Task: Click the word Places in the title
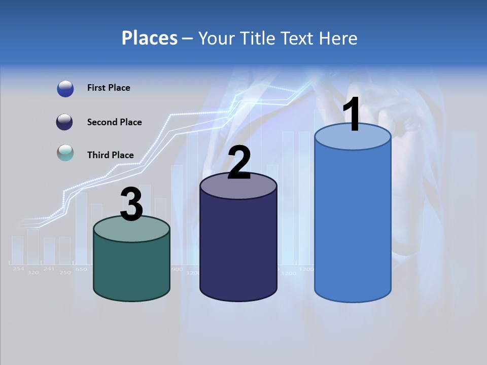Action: (x=150, y=38)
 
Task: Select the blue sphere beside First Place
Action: (x=65, y=89)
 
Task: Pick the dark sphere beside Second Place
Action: (x=65, y=122)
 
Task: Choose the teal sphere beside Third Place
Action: (x=65, y=153)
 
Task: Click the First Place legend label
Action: (x=109, y=88)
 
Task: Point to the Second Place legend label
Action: (x=114, y=122)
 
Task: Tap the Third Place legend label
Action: (x=110, y=155)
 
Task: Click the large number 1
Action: (x=352, y=115)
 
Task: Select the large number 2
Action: (x=239, y=162)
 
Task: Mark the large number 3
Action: (x=131, y=204)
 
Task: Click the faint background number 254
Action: (x=18, y=269)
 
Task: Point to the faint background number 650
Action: (x=81, y=269)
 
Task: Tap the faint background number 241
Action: (x=49, y=269)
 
